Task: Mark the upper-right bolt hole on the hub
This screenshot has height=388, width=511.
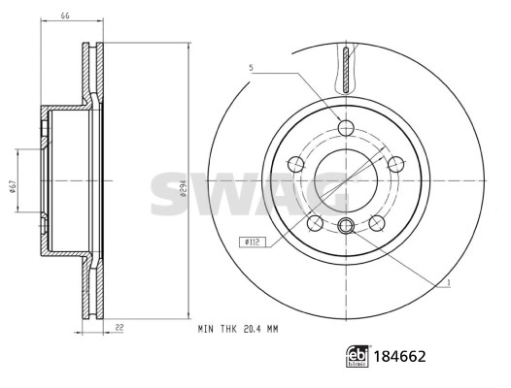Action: pos(395,164)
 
